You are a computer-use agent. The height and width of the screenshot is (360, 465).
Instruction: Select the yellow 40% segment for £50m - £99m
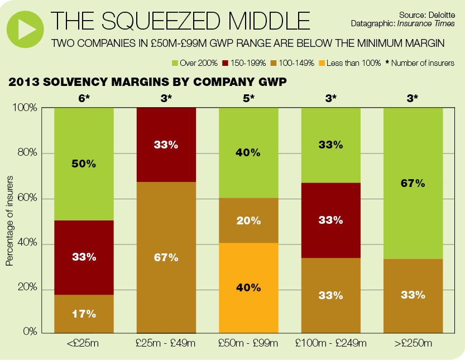coord(248,287)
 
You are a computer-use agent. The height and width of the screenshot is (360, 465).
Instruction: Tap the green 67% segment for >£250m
coord(413,183)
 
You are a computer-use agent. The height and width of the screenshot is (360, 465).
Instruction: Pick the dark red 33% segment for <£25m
coord(84,257)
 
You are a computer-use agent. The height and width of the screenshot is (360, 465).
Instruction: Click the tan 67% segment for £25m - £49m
coord(166,257)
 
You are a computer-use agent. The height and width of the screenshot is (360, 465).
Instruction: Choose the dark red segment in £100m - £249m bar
coord(331,220)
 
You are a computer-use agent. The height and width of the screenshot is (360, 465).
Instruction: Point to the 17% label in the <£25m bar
coord(84,314)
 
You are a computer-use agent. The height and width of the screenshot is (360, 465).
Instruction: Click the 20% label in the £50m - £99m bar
coord(248,220)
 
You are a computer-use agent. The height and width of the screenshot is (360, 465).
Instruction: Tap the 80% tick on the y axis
coord(29,153)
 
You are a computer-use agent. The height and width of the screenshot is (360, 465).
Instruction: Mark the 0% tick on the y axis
coord(31,333)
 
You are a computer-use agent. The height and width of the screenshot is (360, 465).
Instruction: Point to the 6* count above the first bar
coord(84,99)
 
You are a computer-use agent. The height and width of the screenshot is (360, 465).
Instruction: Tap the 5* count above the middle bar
coord(248,99)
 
